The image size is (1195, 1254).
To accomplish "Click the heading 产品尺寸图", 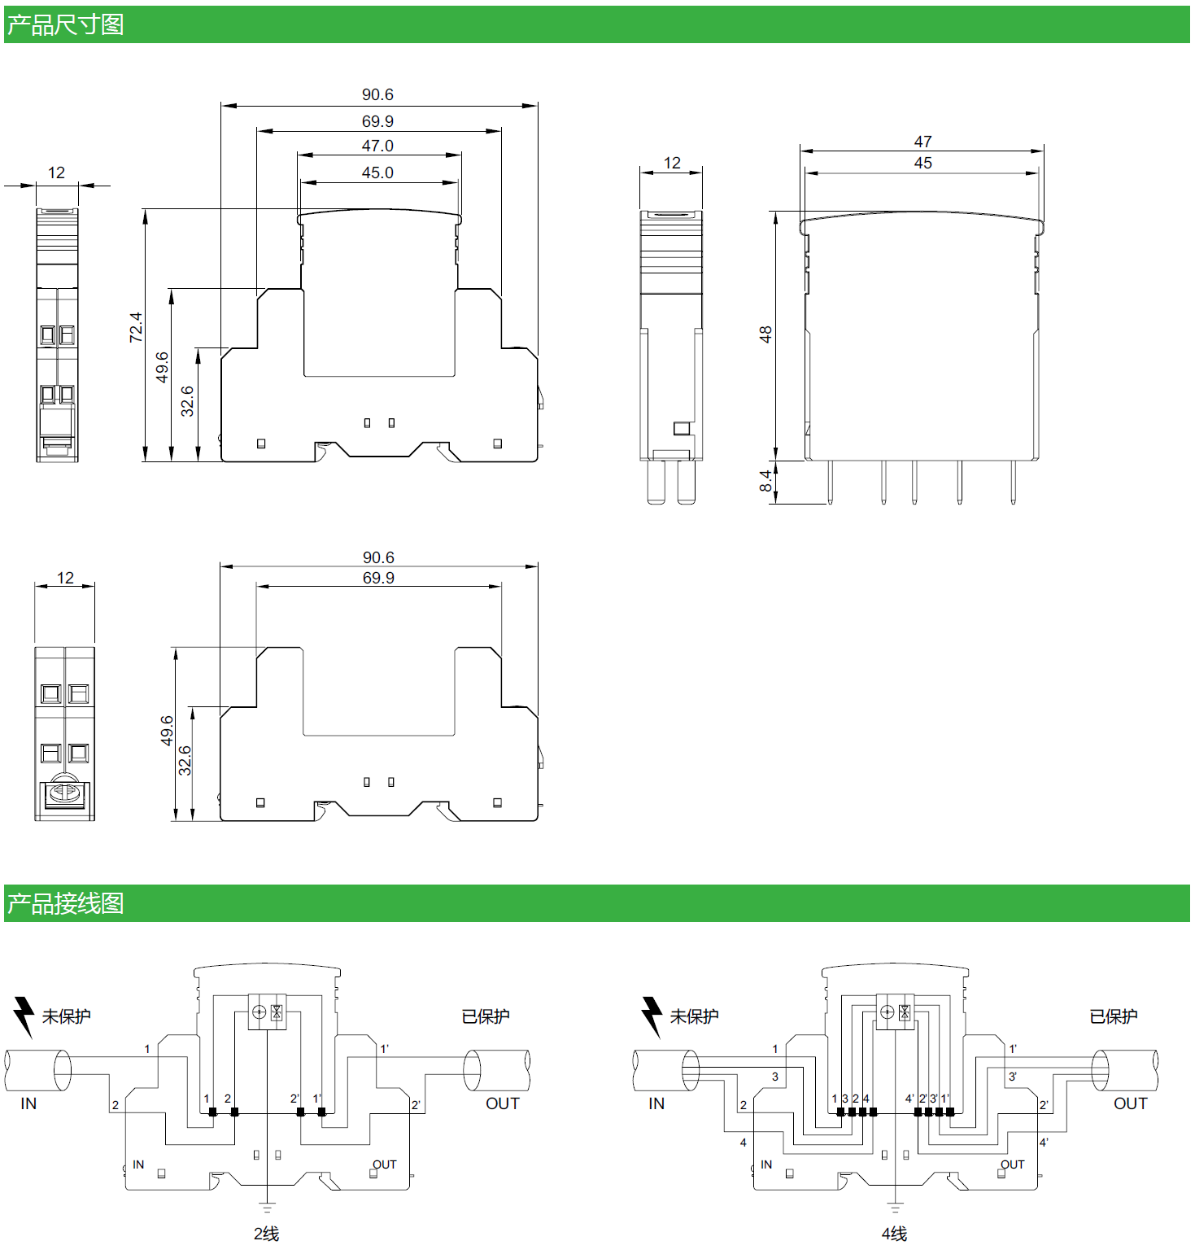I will [65, 24].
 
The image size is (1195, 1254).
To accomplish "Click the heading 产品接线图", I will [65, 903].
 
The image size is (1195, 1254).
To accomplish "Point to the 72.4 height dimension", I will [136, 327].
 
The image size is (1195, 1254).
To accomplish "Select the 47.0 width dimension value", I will [377, 146].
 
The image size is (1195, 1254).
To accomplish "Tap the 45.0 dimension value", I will [377, 173].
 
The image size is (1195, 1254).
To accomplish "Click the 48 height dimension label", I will [765, 334].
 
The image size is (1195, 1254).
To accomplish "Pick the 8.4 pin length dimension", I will [765, 481].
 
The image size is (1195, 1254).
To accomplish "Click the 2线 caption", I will [266, 1234].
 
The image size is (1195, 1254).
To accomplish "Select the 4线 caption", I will [894, 1234].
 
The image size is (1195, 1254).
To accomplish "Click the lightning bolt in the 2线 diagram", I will [24, 1016].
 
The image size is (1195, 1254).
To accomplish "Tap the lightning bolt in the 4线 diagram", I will [652, 1016].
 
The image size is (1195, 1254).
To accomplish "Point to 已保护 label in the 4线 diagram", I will [1113, 1016].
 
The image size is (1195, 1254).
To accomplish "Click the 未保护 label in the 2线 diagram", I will [67, 1016].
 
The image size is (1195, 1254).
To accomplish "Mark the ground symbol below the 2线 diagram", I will [267, 1207].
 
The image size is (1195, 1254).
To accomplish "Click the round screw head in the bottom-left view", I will [64, 791].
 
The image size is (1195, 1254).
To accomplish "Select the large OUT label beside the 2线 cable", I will [502, 1103].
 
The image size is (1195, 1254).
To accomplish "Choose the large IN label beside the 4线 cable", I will [656, 1103].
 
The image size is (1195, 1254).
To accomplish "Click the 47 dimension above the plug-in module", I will [922, 142].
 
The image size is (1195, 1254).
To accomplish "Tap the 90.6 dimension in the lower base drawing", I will [378, 557].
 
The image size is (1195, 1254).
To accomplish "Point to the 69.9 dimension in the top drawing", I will [377, 121].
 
